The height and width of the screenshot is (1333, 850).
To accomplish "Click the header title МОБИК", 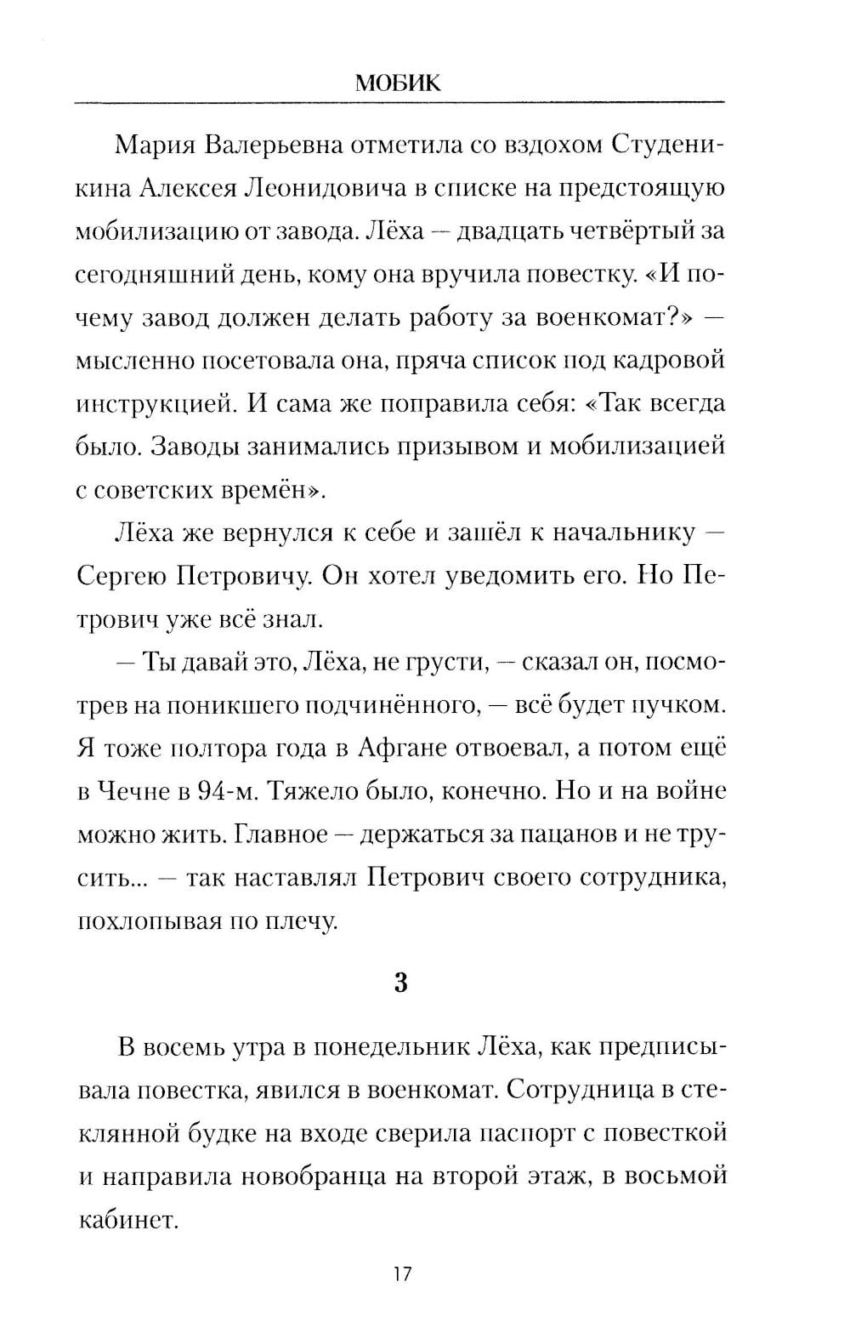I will tap(398, 83).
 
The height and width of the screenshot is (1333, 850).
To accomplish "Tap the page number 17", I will tap(402, 1274).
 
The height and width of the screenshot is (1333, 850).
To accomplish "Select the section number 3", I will tap(401, 983).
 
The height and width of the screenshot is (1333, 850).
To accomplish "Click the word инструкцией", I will tap(156, 403).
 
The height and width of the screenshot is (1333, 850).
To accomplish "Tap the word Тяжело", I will tap(313, 791).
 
